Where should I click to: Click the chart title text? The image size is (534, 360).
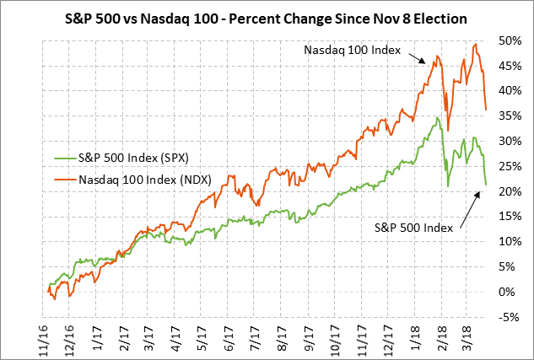click(x=267, y=18)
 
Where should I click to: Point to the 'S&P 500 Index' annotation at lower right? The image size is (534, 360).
click(x=412, y=228)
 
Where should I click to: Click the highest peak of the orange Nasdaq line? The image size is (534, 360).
click(x=477, y=44)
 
